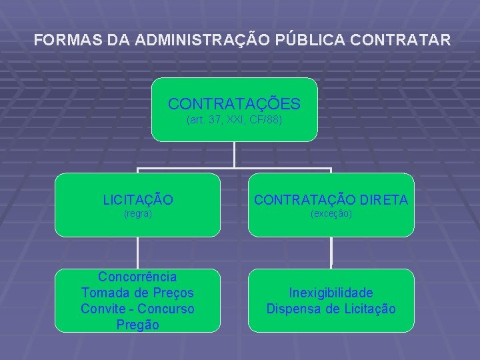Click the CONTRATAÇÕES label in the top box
click(x=234, y=104)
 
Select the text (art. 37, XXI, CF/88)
click(x=234, y=121)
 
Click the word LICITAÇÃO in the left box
click(x=138, y=199)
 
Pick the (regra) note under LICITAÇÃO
click(x=138, y=214)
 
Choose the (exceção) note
click(x=331, y=214)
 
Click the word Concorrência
click(x=137, y=276)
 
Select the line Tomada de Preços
click(x=137, y=292)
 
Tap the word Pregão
click(x=137, y=325)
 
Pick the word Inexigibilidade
click(x=331, y=293)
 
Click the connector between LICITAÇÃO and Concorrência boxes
click(x=138, y=253)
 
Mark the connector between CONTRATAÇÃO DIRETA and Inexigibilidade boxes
click(x=331, y=253)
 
